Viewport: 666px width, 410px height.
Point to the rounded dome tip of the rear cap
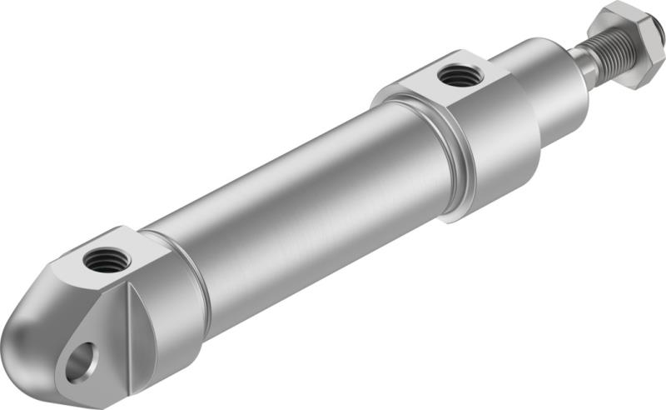tap(25, 333)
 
